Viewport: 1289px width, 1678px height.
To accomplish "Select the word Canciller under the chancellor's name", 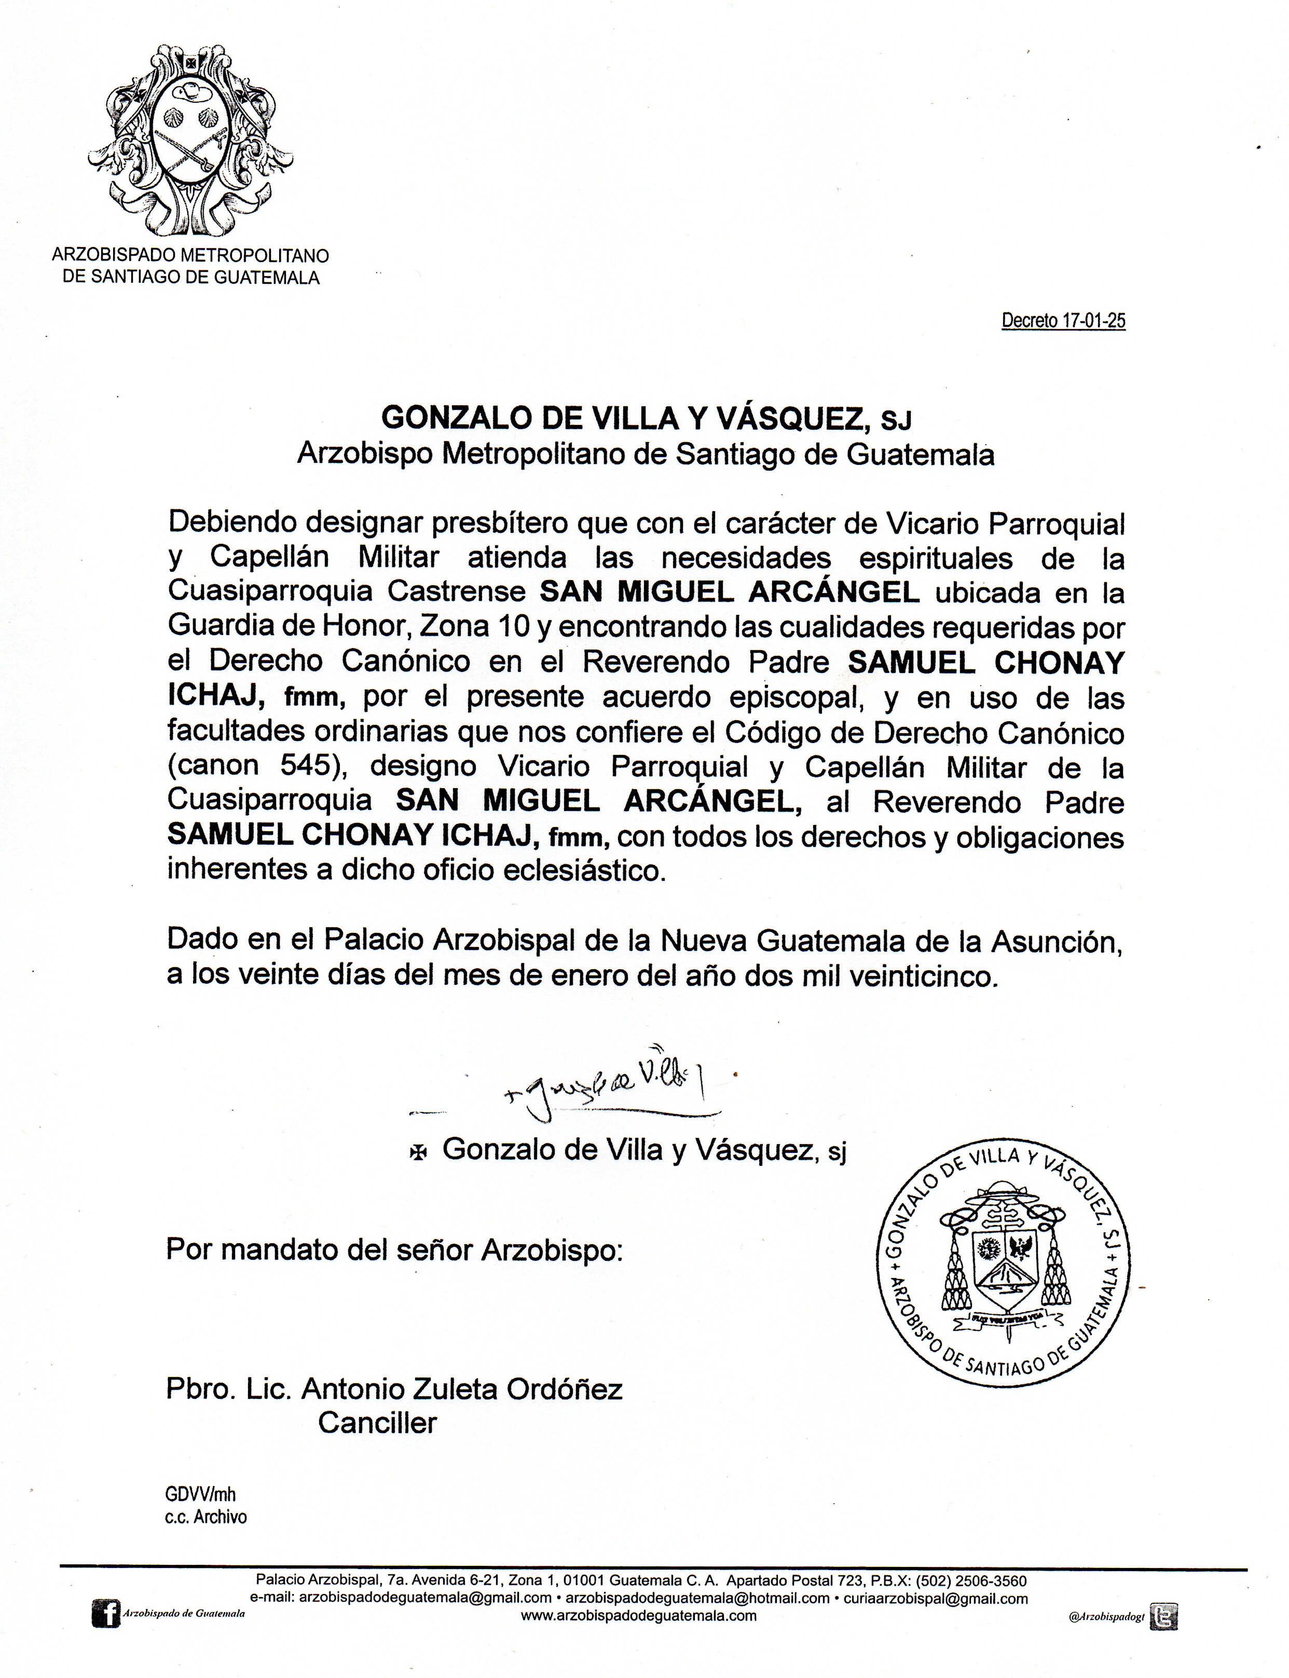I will tap(377, 1423).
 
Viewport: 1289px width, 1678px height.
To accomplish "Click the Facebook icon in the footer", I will tap(106, 1614).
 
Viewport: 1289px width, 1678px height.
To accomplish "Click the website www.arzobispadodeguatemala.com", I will tap(638, 1615).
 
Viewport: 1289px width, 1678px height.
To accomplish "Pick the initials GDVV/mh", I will tap(200, 1495).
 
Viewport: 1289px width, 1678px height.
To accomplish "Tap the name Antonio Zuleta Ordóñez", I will tap(462, 1389).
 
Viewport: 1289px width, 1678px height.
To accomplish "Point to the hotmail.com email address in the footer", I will tap(697, 1598).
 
